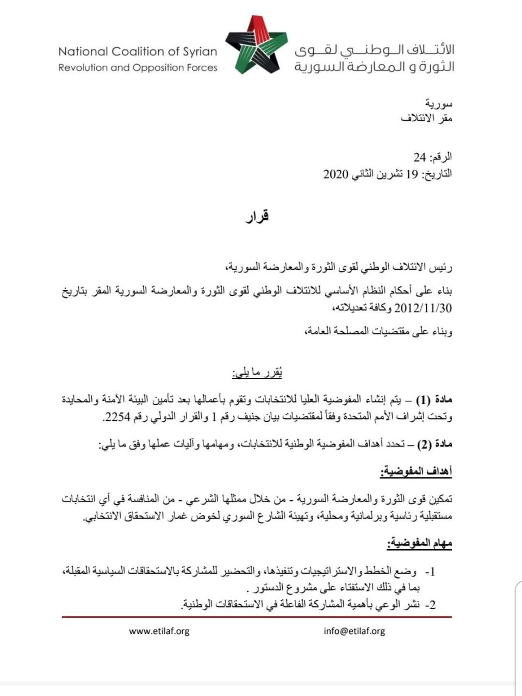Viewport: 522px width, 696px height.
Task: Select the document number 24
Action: point(419,158)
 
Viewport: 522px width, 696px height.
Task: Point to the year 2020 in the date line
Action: point(335,174)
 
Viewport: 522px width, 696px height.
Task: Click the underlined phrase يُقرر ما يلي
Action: point(257,374)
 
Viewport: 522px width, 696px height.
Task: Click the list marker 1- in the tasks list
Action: point(431,572)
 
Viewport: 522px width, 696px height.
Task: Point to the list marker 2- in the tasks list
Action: point(431,605)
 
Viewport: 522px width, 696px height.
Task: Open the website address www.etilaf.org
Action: point(159,631)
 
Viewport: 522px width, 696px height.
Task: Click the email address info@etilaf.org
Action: point(354,631)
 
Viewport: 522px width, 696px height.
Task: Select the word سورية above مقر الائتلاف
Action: point(439,103)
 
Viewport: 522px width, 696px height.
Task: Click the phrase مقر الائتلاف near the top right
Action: point(427,118)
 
